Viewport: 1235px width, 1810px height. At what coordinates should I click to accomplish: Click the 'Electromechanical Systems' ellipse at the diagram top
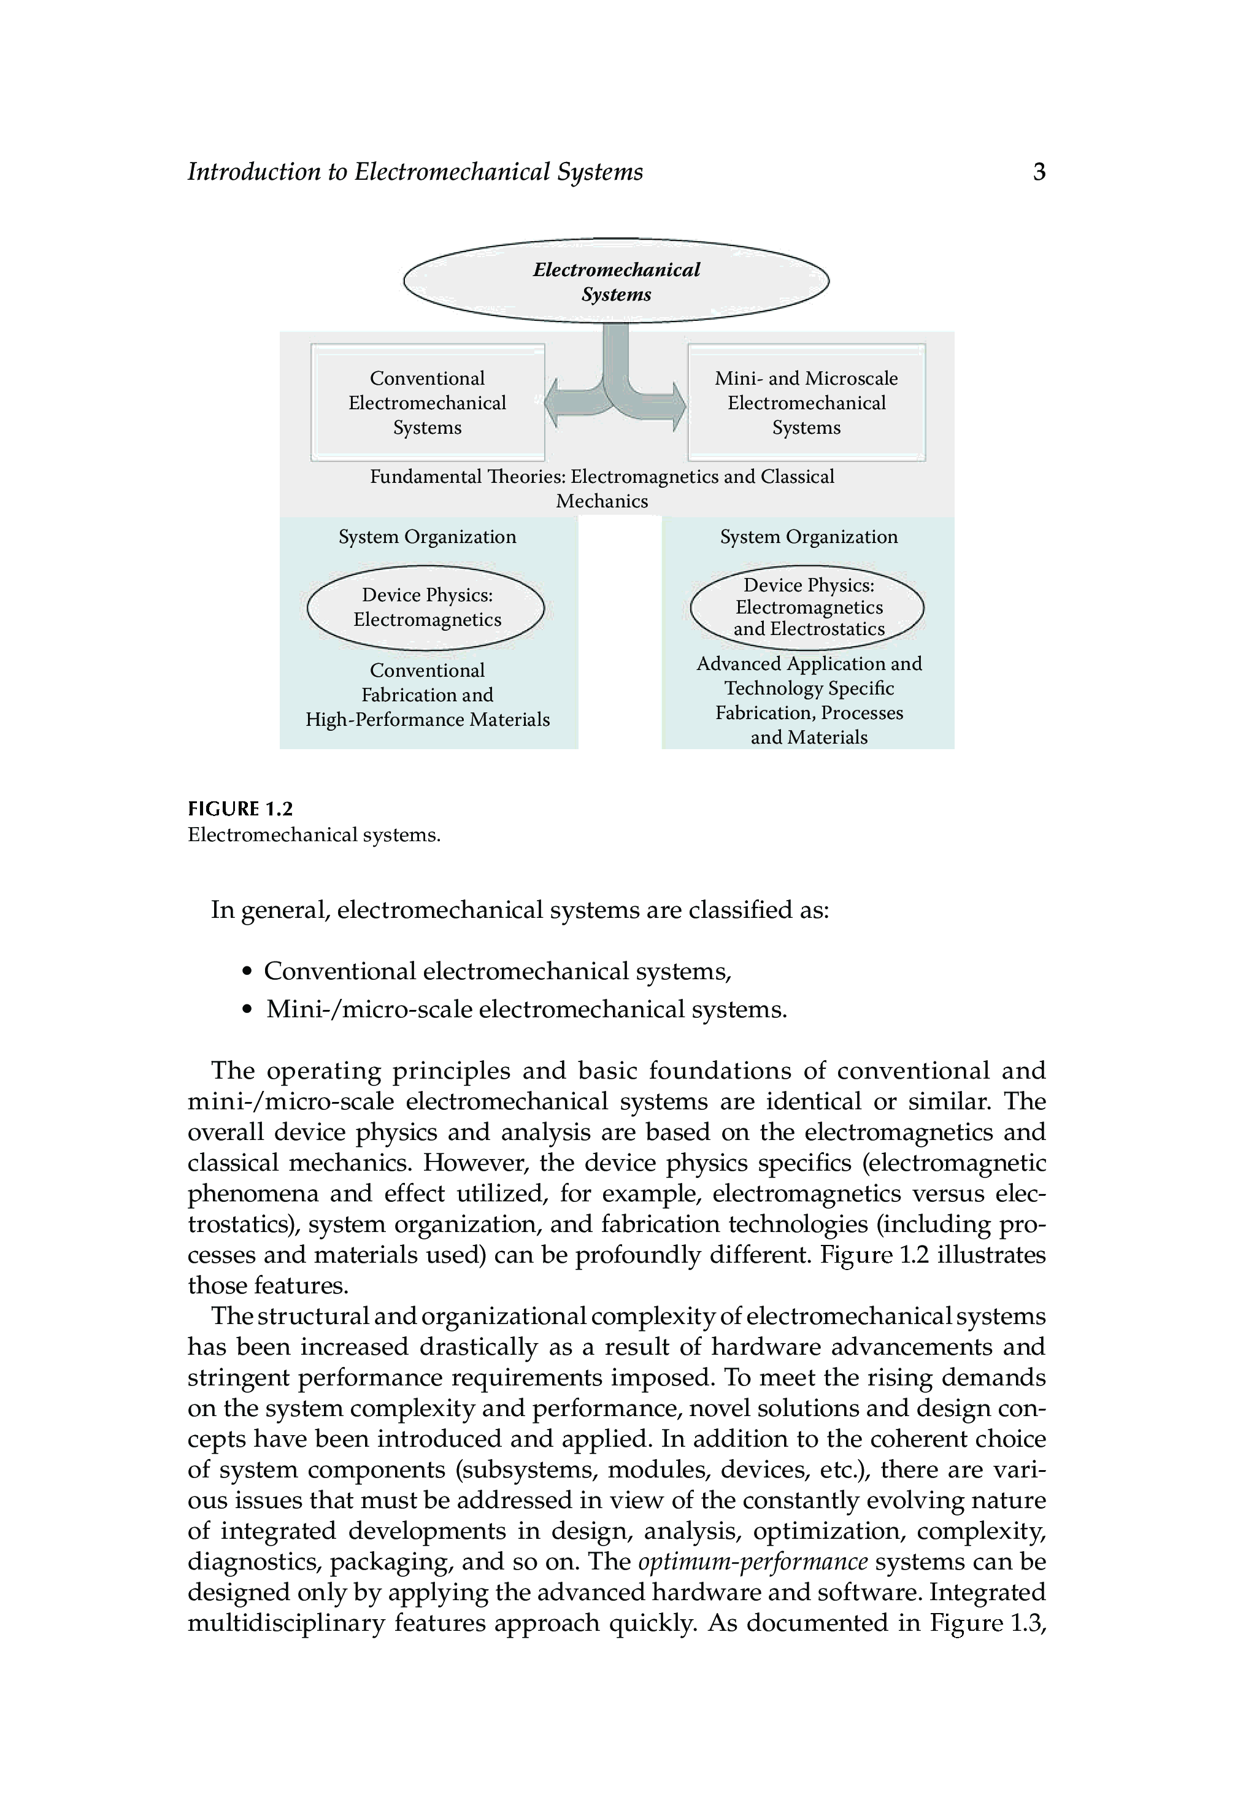616,281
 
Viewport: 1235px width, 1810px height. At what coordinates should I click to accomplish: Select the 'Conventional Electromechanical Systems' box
427,402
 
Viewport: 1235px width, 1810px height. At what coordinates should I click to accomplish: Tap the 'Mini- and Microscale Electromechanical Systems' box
806,402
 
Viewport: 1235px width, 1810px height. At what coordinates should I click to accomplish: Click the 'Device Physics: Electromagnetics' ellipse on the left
426,607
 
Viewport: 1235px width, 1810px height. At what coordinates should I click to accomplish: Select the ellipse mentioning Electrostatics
807,607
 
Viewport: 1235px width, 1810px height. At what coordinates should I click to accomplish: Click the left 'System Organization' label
427,537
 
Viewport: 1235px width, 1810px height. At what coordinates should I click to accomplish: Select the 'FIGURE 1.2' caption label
240,809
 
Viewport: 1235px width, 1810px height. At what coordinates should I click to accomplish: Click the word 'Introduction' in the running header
254,172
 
